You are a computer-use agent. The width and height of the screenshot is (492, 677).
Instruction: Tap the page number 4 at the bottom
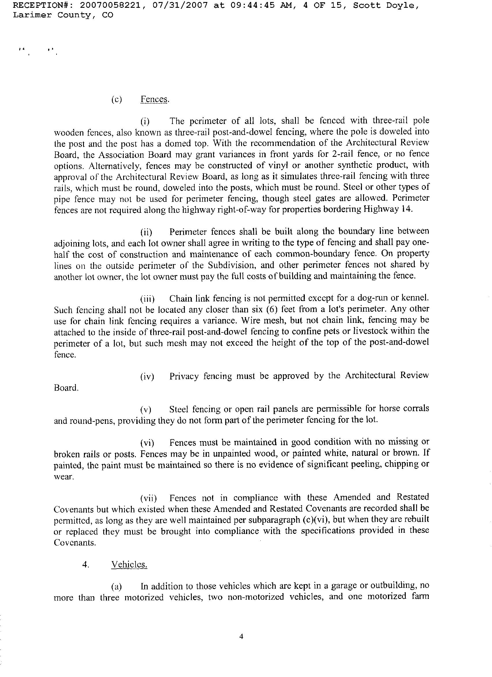(241, 637)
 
